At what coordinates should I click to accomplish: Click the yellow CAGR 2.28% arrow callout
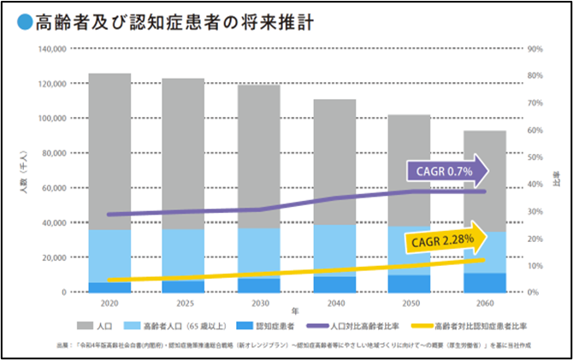448,240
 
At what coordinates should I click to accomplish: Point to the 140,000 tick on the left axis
52,50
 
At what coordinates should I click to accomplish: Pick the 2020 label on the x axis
109,303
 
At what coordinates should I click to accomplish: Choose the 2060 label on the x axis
485,303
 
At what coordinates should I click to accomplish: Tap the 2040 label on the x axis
335,303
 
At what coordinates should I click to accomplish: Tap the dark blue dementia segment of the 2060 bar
485,283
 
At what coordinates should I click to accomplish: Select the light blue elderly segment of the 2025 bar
183,254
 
